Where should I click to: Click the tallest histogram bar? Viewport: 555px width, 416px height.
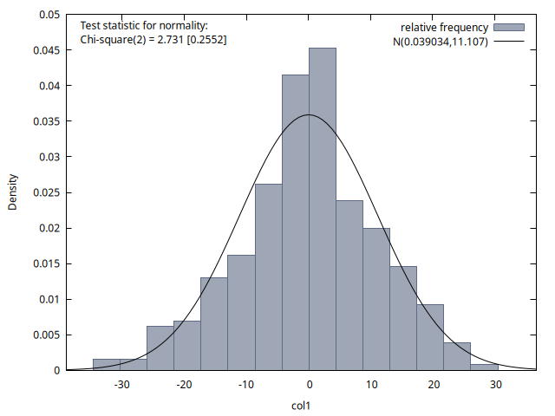pyautogui.click(x=323, y=209)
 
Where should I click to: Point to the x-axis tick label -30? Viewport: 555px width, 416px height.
pyautogui.click(x=122, y=386)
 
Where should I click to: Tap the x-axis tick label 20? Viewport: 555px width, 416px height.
pyautogui.click(x=434, y=386)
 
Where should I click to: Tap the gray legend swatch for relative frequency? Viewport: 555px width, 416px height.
pyautogui.click(x=510, y=28)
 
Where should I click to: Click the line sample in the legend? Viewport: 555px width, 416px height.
pyautogui.click(x=510, y=40)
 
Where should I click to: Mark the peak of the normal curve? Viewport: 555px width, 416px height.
pyautogui.click(x=310, y=114)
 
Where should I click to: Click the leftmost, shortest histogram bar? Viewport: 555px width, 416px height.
pyautogui.click(x=120, y=365)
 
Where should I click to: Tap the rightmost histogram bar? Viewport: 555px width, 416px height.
pyautogui.click(x=457, y=356)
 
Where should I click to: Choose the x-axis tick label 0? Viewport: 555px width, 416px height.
pyautogui.click(x=310, y=386)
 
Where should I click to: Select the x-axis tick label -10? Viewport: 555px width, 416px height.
pyautogui.click(x=247, y=386)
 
